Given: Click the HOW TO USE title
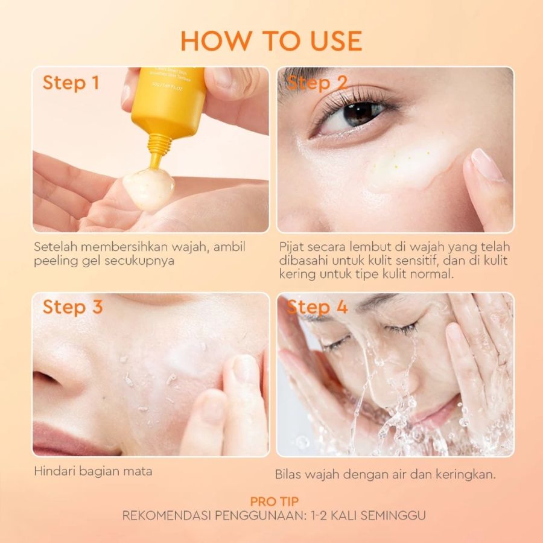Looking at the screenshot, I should coord(271,40).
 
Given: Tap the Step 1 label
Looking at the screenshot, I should coord(71,83).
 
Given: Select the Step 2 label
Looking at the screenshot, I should coord(317,83).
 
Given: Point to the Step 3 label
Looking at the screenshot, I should coord(72,307).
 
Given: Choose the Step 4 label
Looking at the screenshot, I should coord(317,307).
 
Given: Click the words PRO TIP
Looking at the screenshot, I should coord(274,501).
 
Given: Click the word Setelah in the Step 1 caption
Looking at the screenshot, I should coord(54,247).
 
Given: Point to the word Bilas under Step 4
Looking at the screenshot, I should coord(288,474).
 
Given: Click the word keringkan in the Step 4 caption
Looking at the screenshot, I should coord(465,474).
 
